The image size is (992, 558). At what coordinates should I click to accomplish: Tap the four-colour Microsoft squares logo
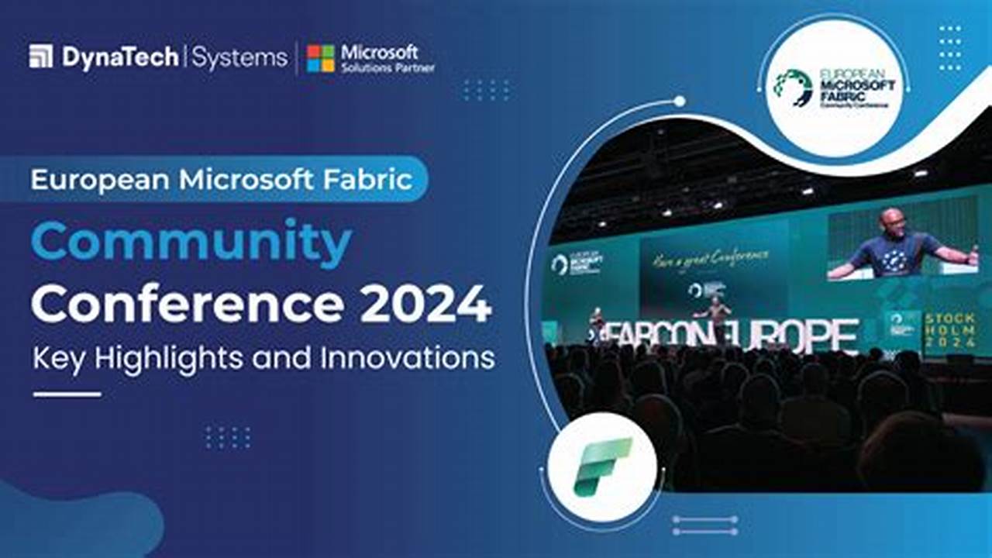(x=321, y=58)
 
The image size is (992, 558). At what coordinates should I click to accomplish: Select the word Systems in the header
(x=239, y=58)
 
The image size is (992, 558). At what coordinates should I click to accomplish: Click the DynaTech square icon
(x=41, y=57)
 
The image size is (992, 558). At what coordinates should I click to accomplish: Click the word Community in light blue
(x=191, y=243)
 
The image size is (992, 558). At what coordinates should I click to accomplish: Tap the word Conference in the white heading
(x=188, y=305)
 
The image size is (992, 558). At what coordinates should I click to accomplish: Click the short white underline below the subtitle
(x=67, y=394)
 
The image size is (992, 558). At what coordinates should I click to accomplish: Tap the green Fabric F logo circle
(x=602, y=467)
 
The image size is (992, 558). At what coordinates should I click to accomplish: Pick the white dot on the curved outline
(x=680, y=101)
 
